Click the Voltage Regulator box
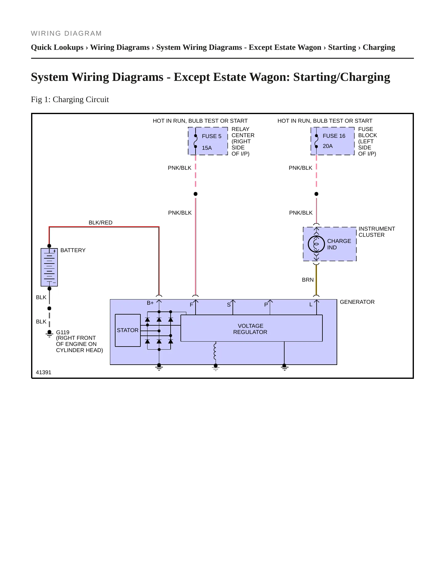pyautogui.click(x=251, y=328)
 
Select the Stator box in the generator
pyautogui.click(x=128, y=330)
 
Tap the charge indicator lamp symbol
pyautogui.click(x=316, y=244)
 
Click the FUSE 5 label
pyautogui.click(x=212, y=136)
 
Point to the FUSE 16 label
pyautogui.click(x=334, y=136)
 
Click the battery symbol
pyautogui.click(x=49, y=267)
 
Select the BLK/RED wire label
pyautogui.click(x=100, y=223)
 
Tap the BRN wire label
pyautogui.click(x=308, y=280)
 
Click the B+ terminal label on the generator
pyautogui.click(x=150, y=303)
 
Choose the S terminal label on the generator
pyautogui.click(x=229, y=305)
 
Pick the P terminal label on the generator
pyautogui.click(x=266, y=305)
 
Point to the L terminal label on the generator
pyautogui.click(x=311, y=305)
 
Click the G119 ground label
pyautogui.click(x=63, y=332)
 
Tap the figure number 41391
pyautogui.click(x=44, y=372)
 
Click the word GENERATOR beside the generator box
pyautogui.click(x=357, y=302)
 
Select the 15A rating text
pyautogui.click(x=207, y=148)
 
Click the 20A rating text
pyautogui.click(x=328, y=146)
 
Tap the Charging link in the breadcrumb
pyautogui.click(x=379, y=47)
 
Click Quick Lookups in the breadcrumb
pyautogui.click(x=57, y=47)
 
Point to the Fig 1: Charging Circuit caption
pyautogui.click(x=70, y=100)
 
